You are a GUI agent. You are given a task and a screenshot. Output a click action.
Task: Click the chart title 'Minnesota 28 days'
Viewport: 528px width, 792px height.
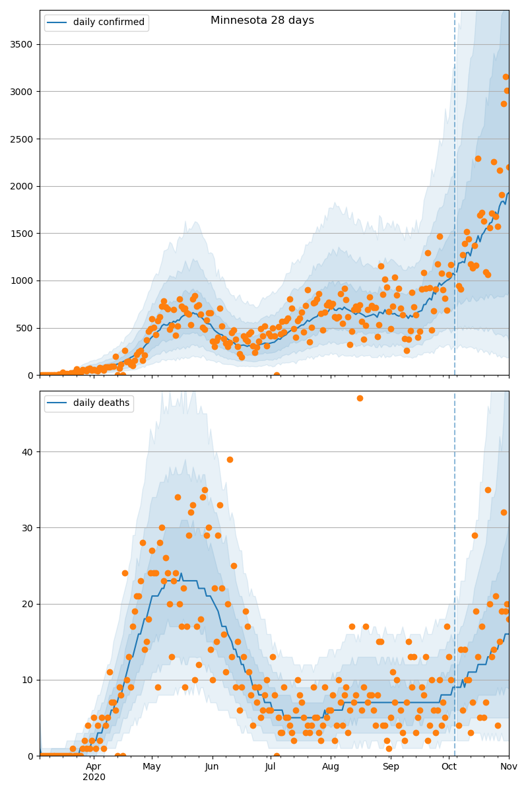tap(262, 20)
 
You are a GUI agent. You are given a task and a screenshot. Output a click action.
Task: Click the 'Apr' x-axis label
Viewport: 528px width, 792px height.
tap(94, 767)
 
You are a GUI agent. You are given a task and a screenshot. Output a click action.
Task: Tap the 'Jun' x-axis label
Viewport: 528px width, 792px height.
tap(212, 767)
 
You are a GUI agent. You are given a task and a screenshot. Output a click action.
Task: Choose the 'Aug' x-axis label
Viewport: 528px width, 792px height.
tap(331, 767)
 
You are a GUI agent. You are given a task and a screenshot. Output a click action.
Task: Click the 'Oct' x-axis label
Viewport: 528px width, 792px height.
tap(449, 767)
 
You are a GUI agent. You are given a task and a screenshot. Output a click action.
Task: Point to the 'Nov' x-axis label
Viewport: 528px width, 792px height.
tap(509, 767)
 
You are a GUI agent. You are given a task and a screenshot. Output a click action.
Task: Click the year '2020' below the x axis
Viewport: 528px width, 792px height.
tap(94, 777)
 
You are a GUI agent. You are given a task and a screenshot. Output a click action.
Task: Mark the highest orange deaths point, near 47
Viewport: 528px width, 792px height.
tap(360, 398)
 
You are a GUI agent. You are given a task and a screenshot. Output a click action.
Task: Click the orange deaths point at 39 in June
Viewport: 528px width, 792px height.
tap(230, 459)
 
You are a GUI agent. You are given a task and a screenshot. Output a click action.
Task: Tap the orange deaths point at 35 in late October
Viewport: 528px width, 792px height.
tap(488, 490)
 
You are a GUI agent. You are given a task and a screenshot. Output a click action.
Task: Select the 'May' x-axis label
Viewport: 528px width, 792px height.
tap(152, 767)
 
